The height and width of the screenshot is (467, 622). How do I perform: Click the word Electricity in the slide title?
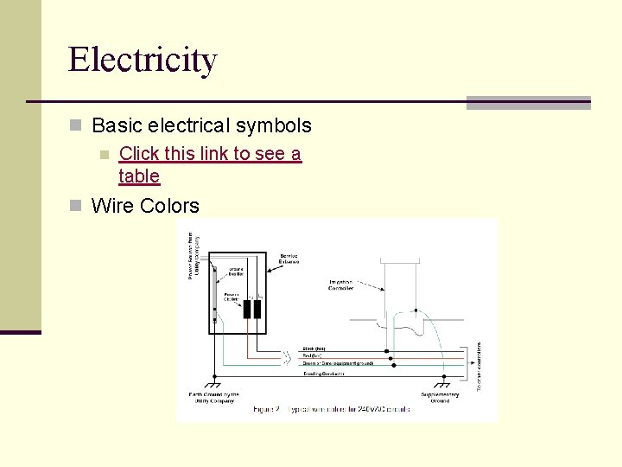[x=143, y=60]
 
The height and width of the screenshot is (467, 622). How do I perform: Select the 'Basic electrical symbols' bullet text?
[x=201, y=125]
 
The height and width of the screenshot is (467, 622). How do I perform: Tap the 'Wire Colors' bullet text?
[x=145, y=206]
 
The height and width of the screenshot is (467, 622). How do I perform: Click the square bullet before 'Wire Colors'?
[x=76, y=206]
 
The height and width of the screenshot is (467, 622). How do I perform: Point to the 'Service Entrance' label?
[x=289, y=259]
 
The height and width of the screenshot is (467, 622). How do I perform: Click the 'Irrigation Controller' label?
[x=340, y=285]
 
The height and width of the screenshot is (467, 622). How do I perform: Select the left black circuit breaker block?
[x=246, y=309]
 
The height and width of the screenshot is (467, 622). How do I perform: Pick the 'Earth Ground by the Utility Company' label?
[x=214, y=398]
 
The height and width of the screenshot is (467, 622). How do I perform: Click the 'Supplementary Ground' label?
[x=441, y=398]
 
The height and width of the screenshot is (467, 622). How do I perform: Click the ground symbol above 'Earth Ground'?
[x=213, y=385]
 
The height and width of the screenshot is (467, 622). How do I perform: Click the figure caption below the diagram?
[x=332, y=408]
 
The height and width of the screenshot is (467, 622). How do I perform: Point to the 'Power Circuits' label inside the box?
[x=232, y=296]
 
